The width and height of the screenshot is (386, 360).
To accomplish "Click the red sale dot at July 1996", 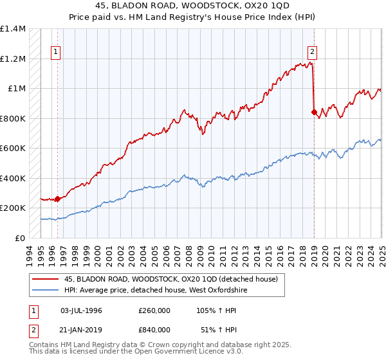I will [57, 199].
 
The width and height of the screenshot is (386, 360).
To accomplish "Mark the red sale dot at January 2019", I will [314, 112].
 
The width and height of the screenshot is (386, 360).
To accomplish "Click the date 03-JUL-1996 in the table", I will [81, 310].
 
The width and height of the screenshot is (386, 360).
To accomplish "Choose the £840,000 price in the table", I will [154, 329].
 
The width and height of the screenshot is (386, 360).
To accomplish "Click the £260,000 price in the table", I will [154, 310].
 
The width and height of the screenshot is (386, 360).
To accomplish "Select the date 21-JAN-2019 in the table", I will [81, 329].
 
